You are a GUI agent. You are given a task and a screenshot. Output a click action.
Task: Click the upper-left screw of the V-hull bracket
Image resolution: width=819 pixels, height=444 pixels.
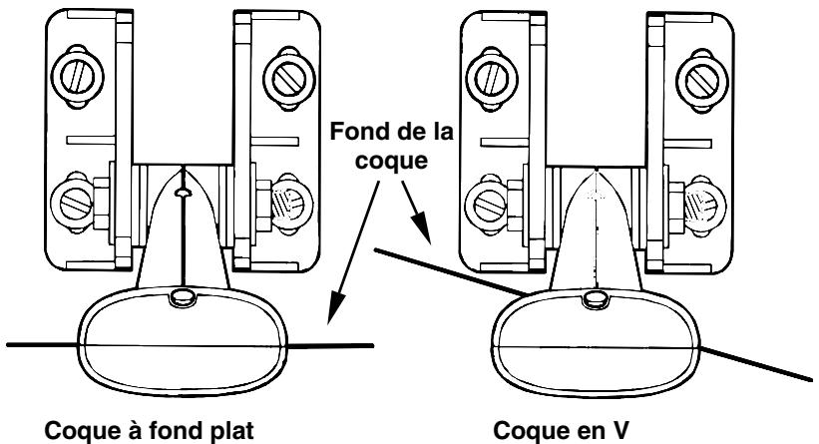[x=496, y=72]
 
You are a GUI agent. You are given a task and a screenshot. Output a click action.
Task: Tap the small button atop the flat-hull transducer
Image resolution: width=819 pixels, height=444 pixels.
[x=182, y=295]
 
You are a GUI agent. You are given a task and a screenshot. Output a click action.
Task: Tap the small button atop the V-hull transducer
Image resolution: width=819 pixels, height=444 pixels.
[x=594, y=297]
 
